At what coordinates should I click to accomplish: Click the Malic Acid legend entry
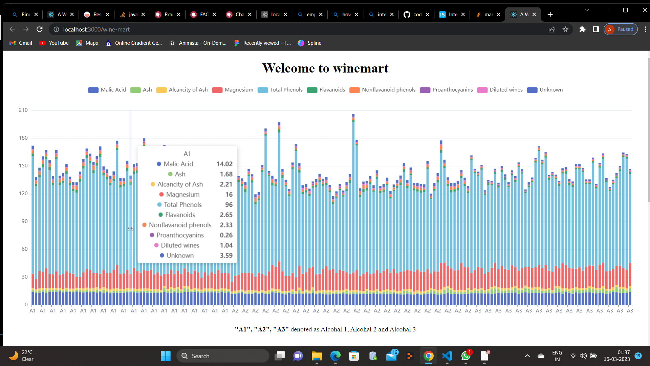coord(107,90)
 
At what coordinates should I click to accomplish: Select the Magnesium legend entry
coord(233,90)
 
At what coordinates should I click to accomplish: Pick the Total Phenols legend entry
coord(280,90)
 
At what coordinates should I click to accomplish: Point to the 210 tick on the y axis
coord(23,110)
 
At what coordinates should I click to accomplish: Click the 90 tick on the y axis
coord(24,221)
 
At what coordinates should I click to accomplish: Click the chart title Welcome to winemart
coord(325,68)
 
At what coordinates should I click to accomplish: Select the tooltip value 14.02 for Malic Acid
coord(224,164)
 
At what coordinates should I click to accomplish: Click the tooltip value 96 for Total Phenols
coord(229,205)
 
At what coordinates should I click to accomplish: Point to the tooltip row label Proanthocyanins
coord(180,235)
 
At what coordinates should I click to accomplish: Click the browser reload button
coord(40,29)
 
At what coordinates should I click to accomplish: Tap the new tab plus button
coord(550,15)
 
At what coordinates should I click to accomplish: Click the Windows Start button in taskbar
coord(166,356)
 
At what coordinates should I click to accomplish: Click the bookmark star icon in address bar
coord(565,29)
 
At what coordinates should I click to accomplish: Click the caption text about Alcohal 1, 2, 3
coord(325,329)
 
